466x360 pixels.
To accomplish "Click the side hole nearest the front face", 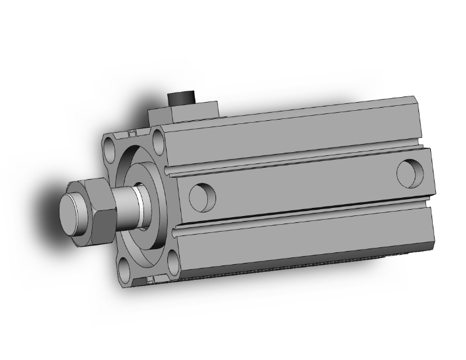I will point(202,197).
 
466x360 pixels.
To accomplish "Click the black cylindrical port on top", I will point(182,100).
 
